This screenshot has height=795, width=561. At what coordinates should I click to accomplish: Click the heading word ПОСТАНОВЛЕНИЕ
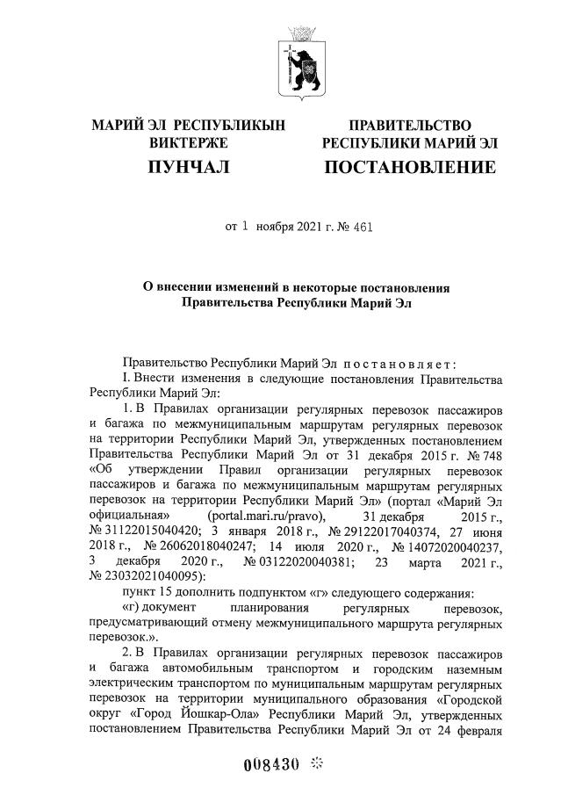coord(410,167)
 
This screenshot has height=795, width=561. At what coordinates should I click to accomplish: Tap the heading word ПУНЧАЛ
coord(189,167)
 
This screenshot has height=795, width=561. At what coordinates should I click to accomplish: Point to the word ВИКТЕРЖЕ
coord(189,142)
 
